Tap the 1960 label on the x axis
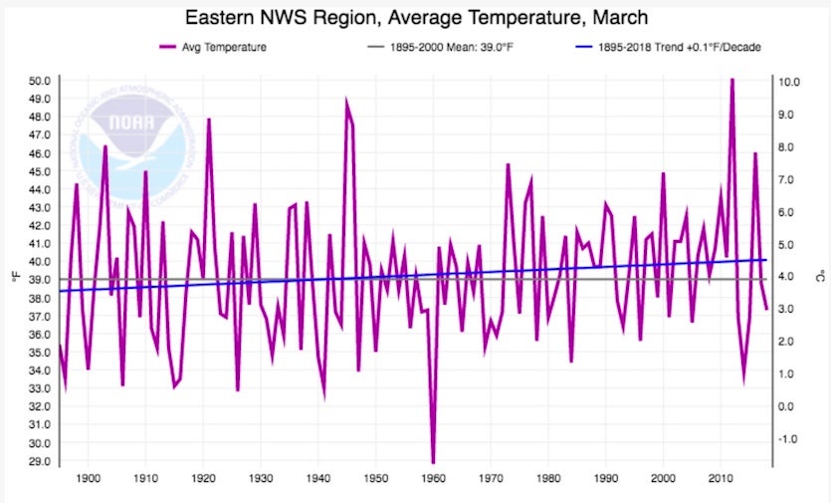tap(434, 478)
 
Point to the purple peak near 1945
tap(346, 101)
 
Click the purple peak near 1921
tap(209, 119)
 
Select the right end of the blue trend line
tap(766, 259)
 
